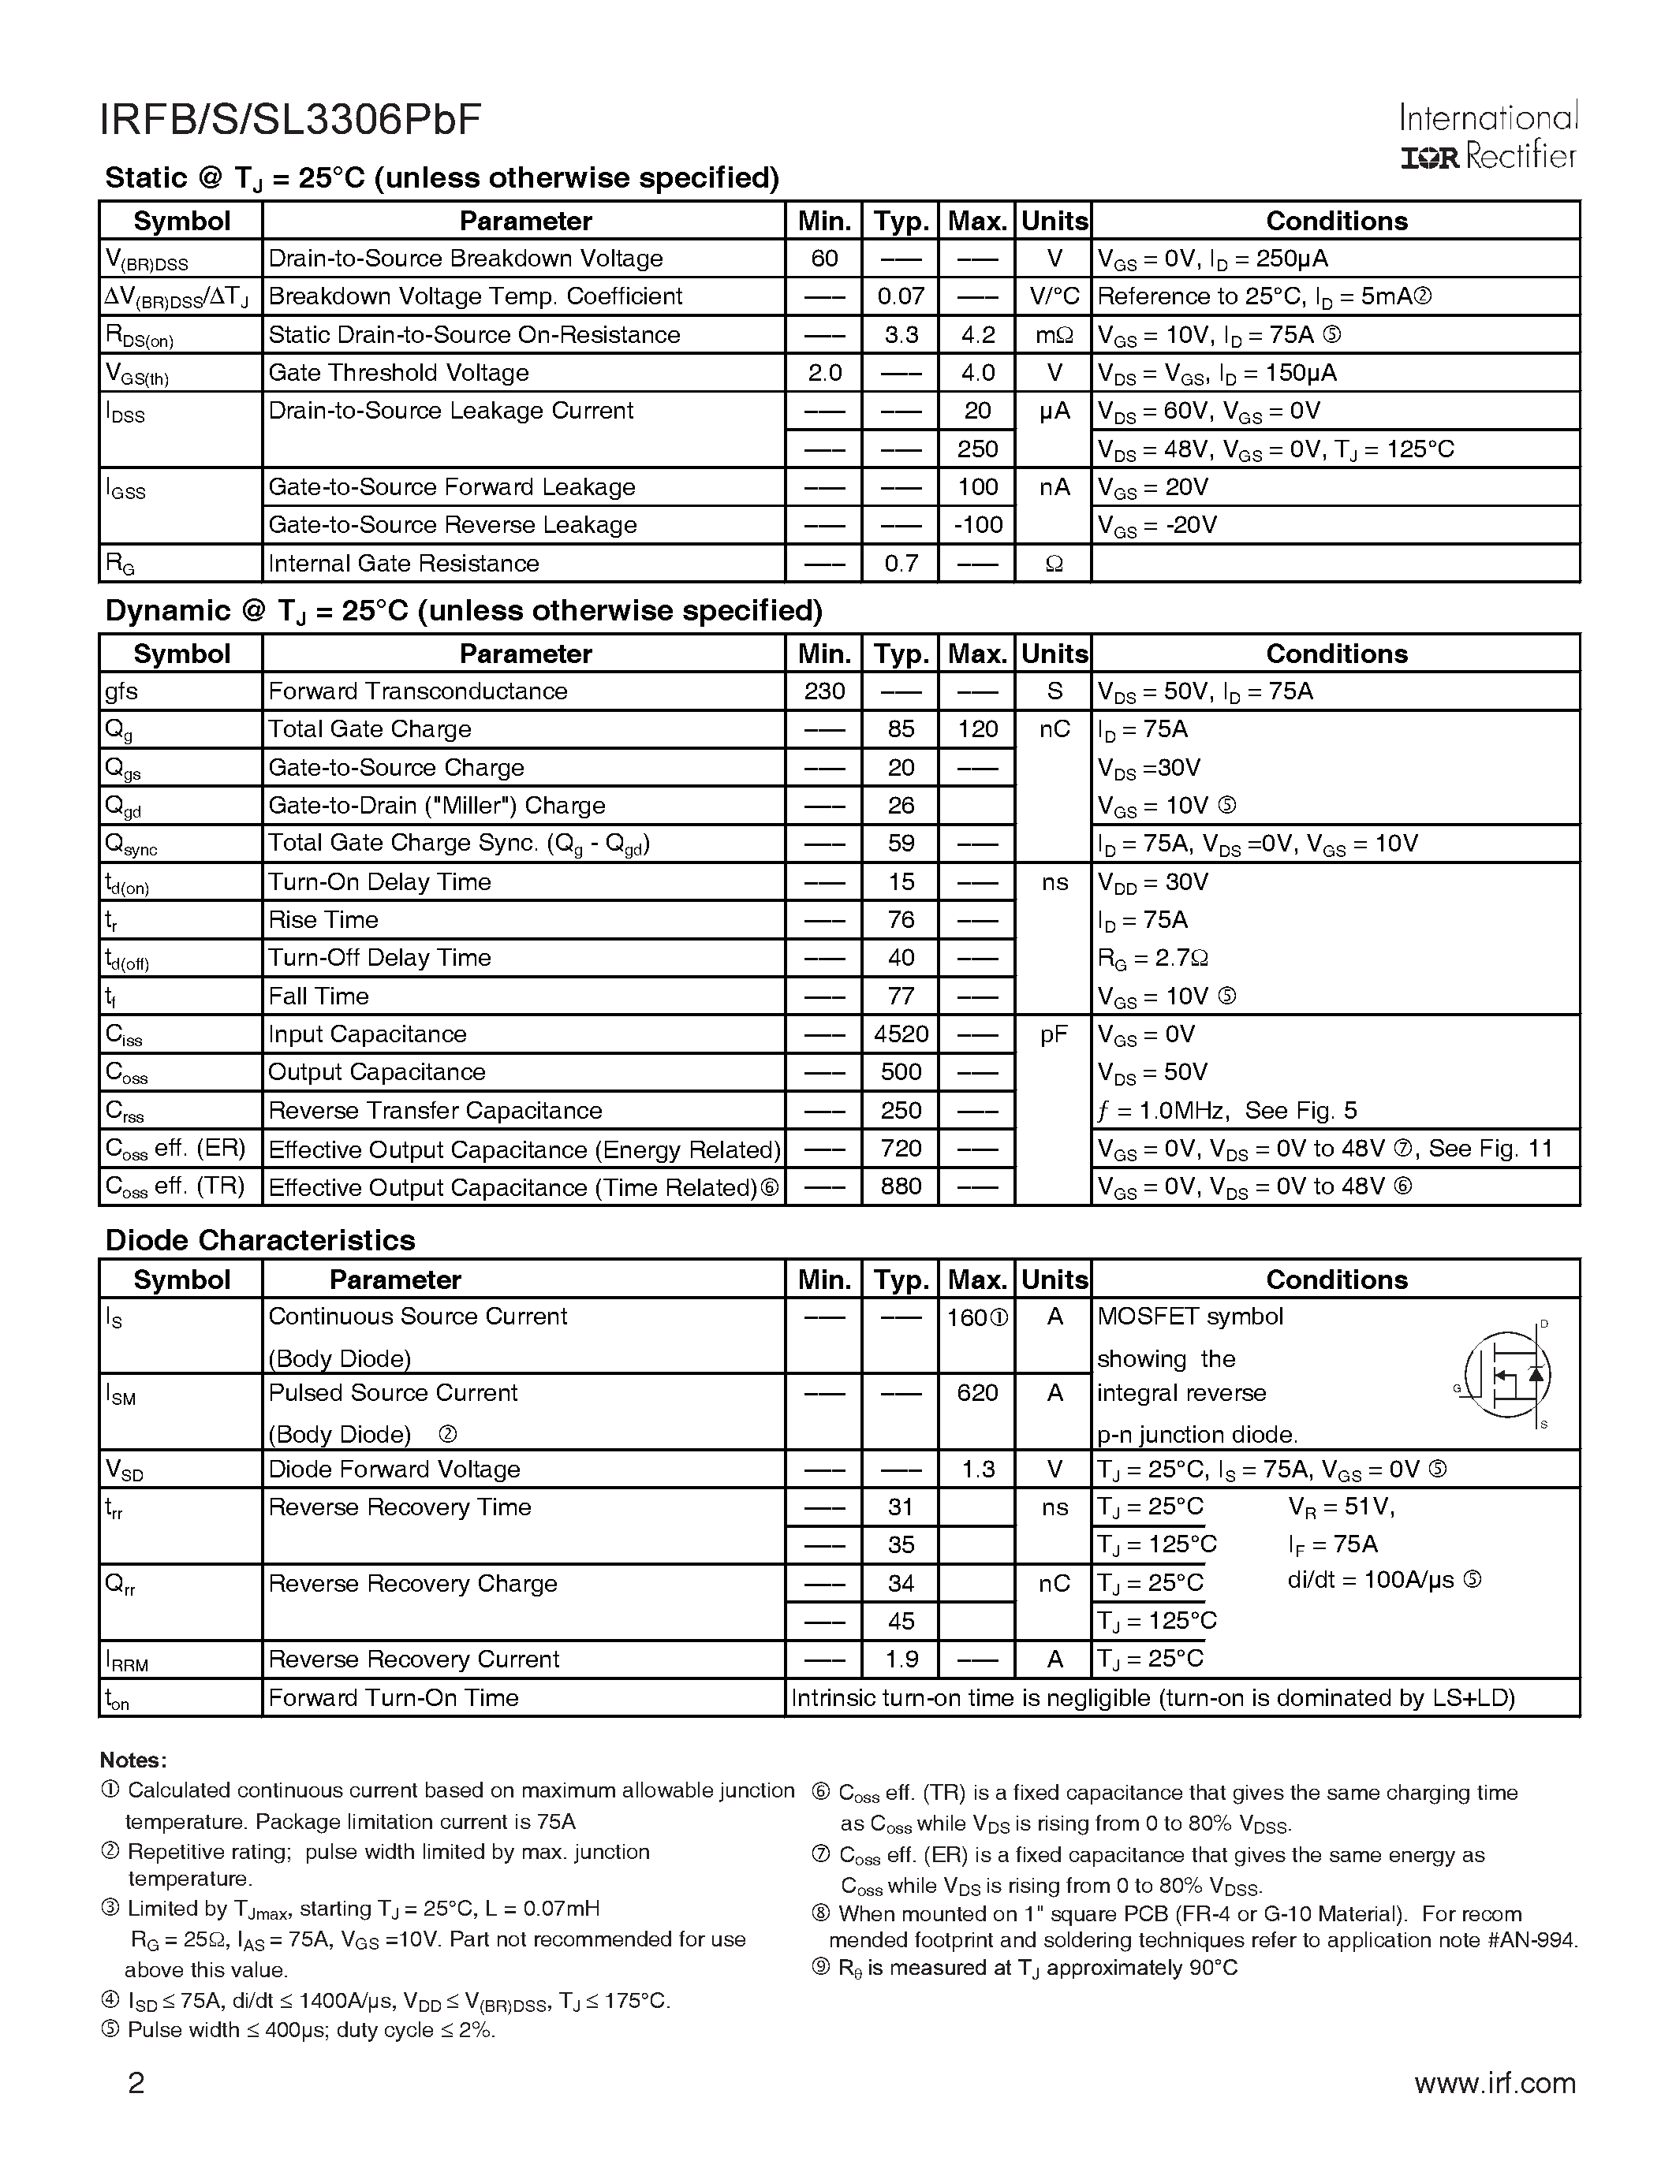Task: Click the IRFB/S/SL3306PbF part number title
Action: click(x=290, y=120)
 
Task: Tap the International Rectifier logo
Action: click(x=1487, y=138)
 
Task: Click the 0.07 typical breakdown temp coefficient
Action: click(x=901, y=296)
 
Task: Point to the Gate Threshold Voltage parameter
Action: click(x=398, y=373)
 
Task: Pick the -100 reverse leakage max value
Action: click(x=977, y=525)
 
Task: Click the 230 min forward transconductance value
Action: click(x=824, y=692)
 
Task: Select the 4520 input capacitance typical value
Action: click(x=901, y=1034)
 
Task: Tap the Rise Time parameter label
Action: click(x=323, y=920)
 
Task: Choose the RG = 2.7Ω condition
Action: click(x=1152, y=959)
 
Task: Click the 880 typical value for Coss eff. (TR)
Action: click(x=901, y=1187)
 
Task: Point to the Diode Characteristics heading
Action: click(x=259, y=1241)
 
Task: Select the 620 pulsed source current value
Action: click(x=977, y=1394)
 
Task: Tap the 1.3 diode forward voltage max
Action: click(x=977, y=1470)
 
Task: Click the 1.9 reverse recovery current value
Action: click(x=901, y=1660)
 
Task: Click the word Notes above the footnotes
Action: click(x=132, y=1760)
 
